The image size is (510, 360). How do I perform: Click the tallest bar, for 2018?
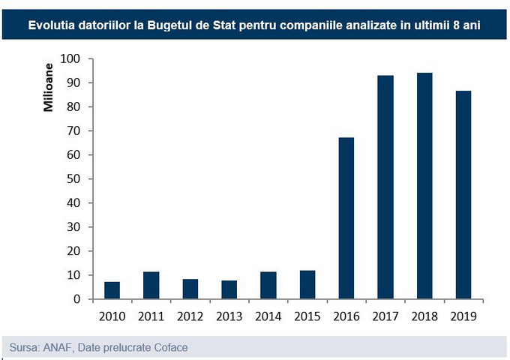424,186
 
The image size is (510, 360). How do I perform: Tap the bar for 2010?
112,290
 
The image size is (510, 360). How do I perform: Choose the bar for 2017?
385,187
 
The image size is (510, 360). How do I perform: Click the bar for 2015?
307,285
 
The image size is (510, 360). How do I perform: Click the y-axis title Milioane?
48,87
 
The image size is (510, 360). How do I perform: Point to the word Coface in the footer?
169,347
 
